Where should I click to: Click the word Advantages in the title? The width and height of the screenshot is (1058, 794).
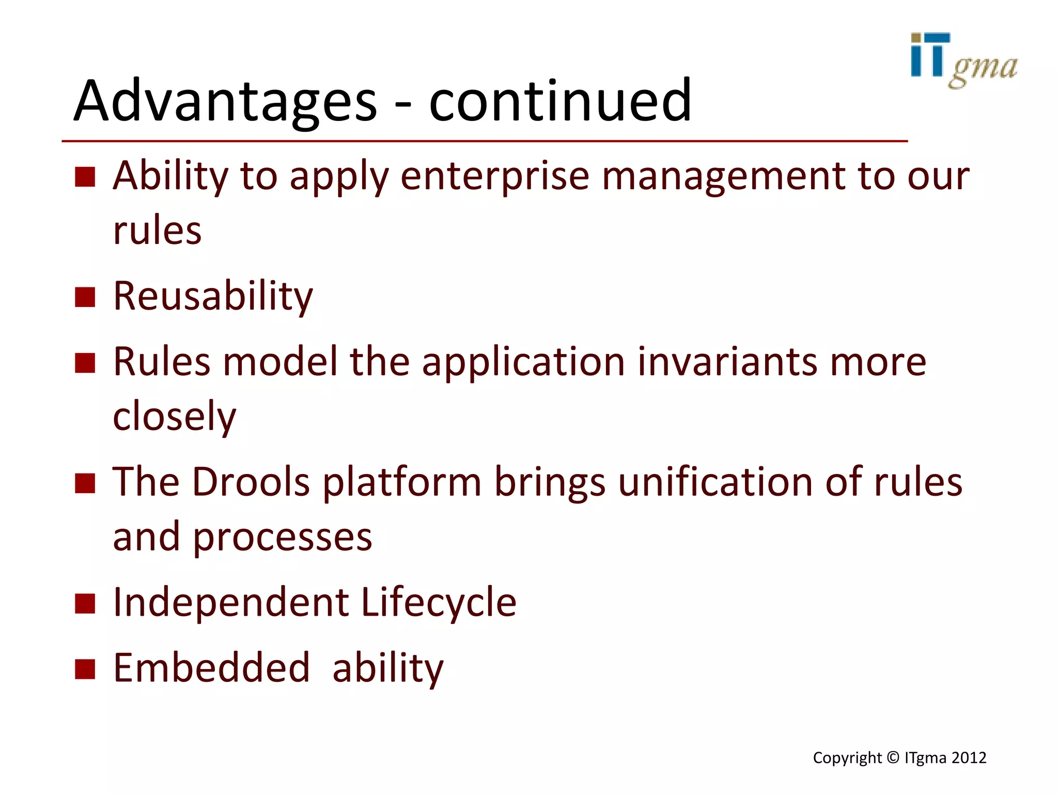click(x=225, y=101)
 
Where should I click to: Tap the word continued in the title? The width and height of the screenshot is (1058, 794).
click(x=560, y=101)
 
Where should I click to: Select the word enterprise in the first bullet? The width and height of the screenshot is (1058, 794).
click(x=494, y=176)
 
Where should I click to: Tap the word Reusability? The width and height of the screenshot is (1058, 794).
click(x=213, y=296)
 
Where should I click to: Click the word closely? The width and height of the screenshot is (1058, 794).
click(x=174, y=417)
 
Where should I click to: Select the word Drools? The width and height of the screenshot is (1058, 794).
click(x=251, y=482)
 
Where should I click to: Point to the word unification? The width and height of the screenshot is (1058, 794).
click(x=715, y=482)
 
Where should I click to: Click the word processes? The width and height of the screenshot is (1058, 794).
click(x=282, y=538)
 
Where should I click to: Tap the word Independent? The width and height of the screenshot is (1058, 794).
click(x=231, y=602)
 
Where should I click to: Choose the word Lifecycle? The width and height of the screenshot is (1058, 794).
click(x=439, y=602)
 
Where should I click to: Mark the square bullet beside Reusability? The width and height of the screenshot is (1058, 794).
click(x=85, y=297)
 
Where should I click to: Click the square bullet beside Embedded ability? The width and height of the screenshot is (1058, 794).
click(x=85, y=668)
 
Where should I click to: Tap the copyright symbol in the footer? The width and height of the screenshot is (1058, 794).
click(x=893, y=758)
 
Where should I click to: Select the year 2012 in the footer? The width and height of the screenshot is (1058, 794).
click(x=969, y=758)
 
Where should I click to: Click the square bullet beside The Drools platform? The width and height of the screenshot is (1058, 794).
click(x=85, y=483)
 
